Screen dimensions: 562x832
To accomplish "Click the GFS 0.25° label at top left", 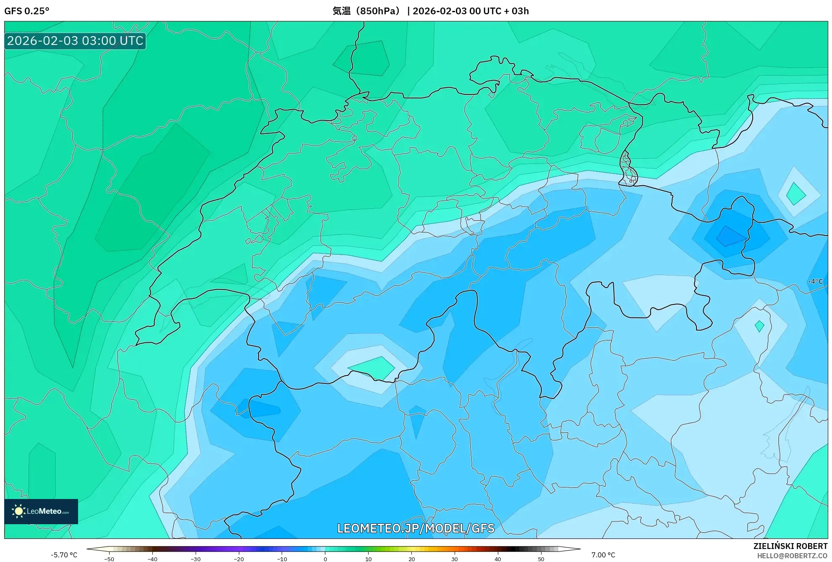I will coord(26,11).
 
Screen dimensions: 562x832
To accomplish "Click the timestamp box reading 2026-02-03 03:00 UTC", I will coord(75,41).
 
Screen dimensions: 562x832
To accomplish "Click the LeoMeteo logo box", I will coord(41,511).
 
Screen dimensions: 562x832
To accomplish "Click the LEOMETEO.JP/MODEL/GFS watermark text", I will coord(416,528).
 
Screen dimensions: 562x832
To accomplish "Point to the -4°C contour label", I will coord(816,281).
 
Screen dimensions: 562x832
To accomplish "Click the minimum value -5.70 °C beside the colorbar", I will coord(64,555).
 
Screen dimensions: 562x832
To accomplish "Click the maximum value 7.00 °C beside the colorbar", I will coord(603,555).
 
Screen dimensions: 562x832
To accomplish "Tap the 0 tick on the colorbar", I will coord(325,559).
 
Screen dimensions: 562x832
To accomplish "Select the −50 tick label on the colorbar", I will coord(109,559).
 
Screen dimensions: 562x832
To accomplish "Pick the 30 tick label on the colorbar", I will coord(455,559).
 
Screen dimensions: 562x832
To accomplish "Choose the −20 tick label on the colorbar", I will coord(238,559).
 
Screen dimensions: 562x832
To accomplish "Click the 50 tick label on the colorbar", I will coord(541,559).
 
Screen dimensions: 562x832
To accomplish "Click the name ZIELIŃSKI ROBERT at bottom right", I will coord(790,546).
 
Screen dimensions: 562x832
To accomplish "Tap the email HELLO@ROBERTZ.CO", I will coord(792,556).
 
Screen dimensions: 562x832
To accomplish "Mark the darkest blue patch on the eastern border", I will coord(731,236).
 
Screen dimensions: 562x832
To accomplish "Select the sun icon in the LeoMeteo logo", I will coord(18,511).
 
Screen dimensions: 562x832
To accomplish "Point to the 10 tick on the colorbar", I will coord(368,559).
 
